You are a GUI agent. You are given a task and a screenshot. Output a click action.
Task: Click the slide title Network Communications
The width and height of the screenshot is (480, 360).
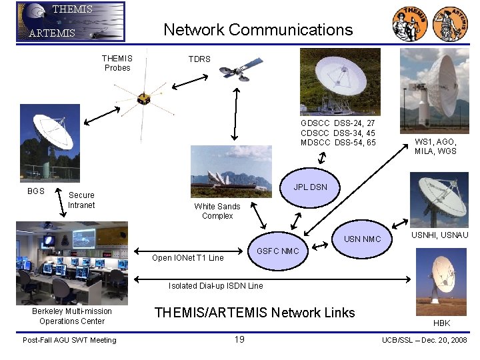click(x=258, y=30)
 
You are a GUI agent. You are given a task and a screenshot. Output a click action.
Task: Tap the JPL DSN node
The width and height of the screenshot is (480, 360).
click(x=310, y=187)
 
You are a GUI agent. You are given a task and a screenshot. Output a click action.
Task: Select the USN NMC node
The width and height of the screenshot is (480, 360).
click(x=362, y=239)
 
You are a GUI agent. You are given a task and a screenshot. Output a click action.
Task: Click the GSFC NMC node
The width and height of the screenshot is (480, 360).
click(x=278, y=251)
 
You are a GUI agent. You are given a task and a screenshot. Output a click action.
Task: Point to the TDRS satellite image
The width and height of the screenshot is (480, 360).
click(x=234, y=73)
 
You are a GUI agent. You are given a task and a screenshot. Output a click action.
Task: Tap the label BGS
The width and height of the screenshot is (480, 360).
click(x=36, y=191)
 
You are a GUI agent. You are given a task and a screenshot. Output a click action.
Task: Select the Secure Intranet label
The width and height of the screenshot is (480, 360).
click(x=81, y=200)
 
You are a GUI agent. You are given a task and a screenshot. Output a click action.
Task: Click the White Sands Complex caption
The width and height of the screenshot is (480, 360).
click(x=217, y=211)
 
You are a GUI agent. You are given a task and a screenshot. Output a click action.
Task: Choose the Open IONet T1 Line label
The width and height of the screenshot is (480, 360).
click(x=188, y=257)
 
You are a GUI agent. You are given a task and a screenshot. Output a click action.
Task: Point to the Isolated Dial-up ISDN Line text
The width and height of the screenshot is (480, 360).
click(x=215, y=286)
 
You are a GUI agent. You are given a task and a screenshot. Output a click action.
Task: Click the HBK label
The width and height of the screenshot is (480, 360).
click(x=441, y=323)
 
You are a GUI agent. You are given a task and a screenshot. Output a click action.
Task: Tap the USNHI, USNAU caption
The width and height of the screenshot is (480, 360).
click(x=439, y=235)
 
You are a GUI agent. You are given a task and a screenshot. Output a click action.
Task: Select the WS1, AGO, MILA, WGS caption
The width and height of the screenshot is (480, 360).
click(x=435, y=146)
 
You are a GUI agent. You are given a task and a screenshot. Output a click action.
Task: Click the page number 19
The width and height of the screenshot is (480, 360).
click(x=239, y=339)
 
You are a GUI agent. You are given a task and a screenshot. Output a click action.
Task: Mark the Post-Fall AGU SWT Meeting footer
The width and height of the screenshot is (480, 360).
click(x=69, y=340)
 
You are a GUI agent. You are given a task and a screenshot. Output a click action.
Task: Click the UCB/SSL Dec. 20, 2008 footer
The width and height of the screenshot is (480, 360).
click(x=424, y=340)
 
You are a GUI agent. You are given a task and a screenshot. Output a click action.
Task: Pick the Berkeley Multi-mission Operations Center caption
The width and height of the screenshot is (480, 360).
click(x=72, y=316)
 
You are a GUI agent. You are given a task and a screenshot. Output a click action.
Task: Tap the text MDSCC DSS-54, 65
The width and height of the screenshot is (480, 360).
click(x=338, y=143)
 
